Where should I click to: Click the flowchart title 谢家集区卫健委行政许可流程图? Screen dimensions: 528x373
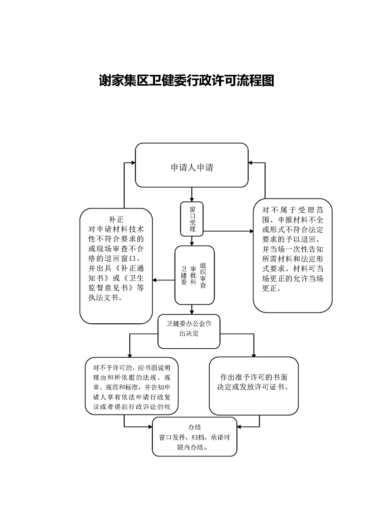(x=186, y=80)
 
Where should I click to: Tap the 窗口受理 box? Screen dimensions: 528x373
(x=192, y=219)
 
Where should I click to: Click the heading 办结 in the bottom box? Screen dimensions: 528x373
(x=195, y=427)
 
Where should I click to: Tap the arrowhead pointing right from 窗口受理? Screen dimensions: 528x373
(x=251, y=231)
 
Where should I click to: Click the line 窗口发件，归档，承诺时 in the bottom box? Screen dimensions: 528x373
(x=194, y=438)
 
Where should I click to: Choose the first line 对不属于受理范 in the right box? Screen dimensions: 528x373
(x=293, y=210)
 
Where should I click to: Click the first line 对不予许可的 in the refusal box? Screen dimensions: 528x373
(x=113, y=368)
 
